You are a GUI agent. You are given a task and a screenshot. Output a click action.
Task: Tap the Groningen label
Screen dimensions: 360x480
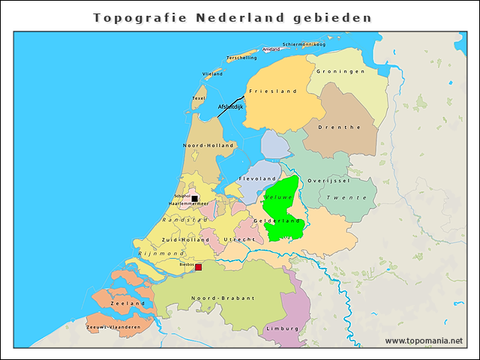click(x=340, y=71)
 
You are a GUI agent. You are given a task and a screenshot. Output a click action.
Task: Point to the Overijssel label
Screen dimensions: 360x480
click(x=328, y=181)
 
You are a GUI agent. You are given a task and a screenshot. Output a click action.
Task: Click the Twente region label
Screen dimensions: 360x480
click(x=346, y=197)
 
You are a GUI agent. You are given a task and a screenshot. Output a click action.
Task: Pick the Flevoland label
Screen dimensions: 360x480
click(x=257, y=178)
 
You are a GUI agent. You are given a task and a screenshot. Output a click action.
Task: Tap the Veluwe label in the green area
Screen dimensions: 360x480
click(x=278, y=196)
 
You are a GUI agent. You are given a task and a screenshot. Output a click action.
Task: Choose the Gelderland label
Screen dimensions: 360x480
click(x=277, y=220)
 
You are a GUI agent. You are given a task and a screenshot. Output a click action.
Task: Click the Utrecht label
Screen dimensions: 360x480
click(x=239, y=239)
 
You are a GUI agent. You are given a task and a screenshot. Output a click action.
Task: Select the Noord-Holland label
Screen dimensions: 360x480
click(x=209, y=145)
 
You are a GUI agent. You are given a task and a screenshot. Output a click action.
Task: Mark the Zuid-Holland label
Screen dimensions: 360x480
click(x=180, y=240)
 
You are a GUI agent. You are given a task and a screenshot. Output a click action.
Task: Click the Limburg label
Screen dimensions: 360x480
click(x=282, y=328)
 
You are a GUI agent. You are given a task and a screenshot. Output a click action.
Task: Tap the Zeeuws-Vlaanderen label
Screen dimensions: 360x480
click(x=113, y=327)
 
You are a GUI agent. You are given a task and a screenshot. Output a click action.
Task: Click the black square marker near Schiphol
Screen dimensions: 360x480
click(x=194, y=199)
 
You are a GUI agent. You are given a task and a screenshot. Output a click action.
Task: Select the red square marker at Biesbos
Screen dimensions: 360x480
click(x=198, y=267)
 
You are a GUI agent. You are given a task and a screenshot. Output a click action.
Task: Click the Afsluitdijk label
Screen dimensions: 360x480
click(x=230, y=107)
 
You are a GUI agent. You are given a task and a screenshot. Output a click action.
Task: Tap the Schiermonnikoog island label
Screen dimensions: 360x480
click(x=304, y=44)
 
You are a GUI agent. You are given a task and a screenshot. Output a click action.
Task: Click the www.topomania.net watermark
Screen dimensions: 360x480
click(x=424, y=340)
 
